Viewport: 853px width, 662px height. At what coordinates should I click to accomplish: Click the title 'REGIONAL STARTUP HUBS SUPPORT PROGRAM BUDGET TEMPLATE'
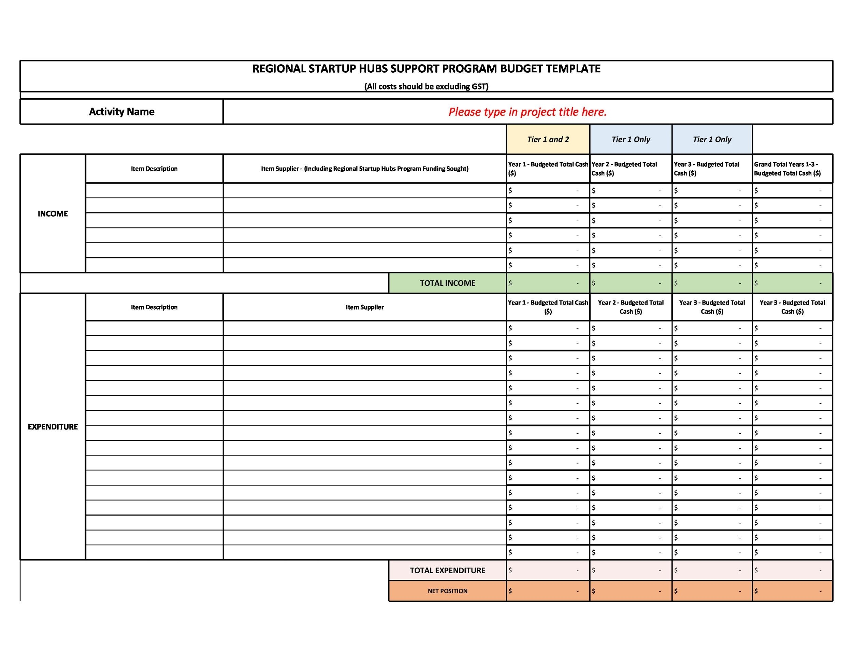[426, 69]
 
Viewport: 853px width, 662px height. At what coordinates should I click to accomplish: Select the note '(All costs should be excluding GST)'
[426, 86]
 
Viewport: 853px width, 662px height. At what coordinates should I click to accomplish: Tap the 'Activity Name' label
[121, 112]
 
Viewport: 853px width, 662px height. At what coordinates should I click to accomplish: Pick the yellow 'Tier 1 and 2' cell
[548, 140]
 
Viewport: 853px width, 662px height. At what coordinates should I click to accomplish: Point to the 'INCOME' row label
[53, 214]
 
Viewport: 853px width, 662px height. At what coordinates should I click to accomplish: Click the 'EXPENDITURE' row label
[53, 427]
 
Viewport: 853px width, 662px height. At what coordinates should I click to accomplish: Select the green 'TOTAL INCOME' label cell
[447, 283]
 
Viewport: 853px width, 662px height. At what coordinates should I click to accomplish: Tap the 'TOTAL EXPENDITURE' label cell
[447, 570]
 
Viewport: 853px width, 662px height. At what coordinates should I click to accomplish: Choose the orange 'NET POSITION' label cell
[447, 591]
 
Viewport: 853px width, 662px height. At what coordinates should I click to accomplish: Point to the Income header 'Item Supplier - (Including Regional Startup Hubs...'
[364, 169]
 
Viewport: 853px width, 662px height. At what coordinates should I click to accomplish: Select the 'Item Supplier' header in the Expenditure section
[364, 307]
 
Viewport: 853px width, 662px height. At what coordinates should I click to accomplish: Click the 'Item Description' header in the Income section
[154, 169]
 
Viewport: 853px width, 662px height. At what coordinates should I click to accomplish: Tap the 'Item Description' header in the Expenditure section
[154, 307]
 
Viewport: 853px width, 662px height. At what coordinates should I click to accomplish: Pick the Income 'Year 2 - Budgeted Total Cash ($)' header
[631, 169]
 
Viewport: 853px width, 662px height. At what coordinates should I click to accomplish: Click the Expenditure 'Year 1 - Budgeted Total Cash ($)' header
[548, 307]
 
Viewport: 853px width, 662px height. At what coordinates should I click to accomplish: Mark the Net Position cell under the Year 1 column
[548, 591]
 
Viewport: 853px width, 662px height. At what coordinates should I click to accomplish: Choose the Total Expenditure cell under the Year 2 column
[631, 570]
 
